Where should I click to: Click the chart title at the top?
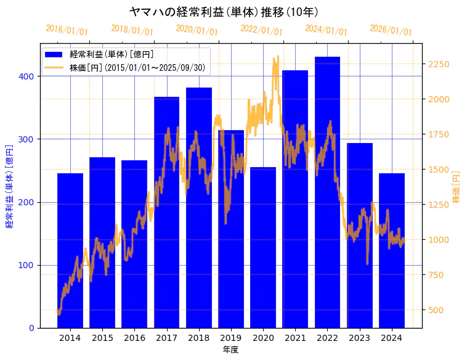[224, 12]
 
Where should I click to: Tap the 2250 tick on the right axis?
[439, 64]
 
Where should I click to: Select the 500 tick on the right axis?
[436, 310]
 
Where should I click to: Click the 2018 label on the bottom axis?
[198, 338]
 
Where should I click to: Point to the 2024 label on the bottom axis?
[391, 338]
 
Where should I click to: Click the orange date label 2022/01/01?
[261, 30]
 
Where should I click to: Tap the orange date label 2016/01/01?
[67, 30]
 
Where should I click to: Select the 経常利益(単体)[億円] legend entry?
[111, 55]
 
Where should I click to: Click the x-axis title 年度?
[230, 350]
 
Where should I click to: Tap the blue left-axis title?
[9, 186]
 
